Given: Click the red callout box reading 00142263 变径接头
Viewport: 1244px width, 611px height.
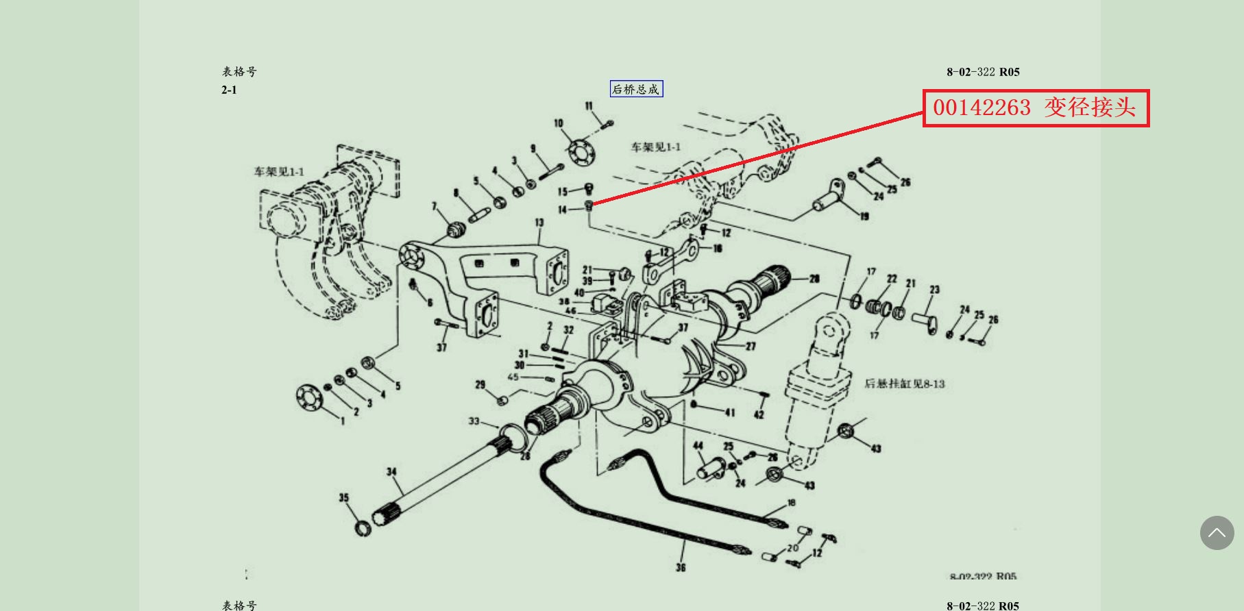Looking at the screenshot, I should tap(1035, 108).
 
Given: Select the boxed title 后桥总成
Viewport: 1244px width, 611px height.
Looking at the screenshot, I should tap(636, 89).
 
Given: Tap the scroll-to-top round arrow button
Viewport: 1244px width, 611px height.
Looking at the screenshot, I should tap(1217, 532).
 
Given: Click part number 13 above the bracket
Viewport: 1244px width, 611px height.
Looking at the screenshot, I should tap(539, 223).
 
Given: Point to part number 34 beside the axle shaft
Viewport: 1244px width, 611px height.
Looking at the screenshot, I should tap(391, 471).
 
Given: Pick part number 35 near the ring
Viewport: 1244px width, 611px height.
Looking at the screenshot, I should tap(343, 497).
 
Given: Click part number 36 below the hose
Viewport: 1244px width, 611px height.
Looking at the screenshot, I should tap(681, 567).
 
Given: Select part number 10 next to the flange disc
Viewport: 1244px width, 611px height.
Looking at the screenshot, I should tap(559, 123).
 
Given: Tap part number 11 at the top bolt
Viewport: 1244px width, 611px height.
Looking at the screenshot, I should tap(589, 105).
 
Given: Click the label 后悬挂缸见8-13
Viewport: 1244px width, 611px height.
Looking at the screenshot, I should tap(904, 384).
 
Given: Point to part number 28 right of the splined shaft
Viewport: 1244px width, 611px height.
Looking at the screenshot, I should tap(814, 279).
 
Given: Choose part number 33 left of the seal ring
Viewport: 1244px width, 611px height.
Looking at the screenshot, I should tap(474, 421).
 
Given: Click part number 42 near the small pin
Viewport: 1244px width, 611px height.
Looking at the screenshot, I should tap(759, 414).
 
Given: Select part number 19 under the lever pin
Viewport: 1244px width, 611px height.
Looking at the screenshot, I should tap(864, 216).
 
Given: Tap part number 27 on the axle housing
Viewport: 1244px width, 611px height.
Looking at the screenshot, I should tap(751, 347).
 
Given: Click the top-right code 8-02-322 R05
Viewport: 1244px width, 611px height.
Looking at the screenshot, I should tap(983, 72).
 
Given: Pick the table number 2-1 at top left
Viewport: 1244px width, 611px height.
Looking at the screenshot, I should tap(229, 90).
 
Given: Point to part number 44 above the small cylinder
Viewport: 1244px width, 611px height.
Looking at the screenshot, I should tap(698, 445).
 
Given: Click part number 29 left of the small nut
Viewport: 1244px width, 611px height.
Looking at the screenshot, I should tap(480, 385).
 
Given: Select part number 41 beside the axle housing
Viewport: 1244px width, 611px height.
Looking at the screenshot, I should tap(730, 412).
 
